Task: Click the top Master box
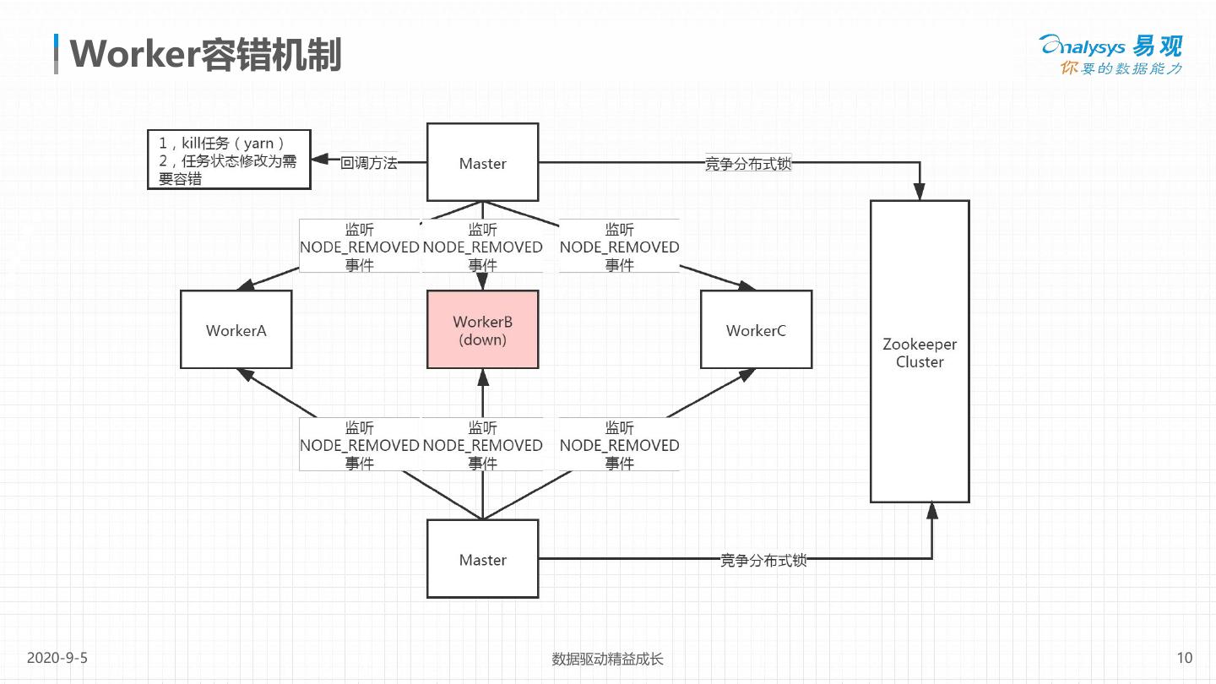click(x=482, y=162)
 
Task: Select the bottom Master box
click(x=482, y=559)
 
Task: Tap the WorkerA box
click(x=236, y=329)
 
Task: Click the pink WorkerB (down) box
click(x=482, y=330)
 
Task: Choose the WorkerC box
click(x=756, y=329)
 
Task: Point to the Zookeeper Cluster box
click(x=920, y=351)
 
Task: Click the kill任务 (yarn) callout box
click(x=228, y=160)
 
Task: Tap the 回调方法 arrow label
click(x=368, y=163)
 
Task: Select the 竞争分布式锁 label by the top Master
click(x=748, y=164)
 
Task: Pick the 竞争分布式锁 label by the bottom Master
click(x=763, y=559)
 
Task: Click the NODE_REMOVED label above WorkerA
click(x=360, y=247)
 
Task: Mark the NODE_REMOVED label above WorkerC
click(x=619, y=247)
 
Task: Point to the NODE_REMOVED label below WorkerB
click(x=482, y=445)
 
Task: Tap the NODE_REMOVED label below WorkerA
click(x=360, y=445)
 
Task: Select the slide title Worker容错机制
click(x=205, y=54)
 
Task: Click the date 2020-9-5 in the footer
click(x=57, y=658)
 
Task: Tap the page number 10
click(x=1184, y=658)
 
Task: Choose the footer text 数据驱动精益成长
click(x=607, y=659)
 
